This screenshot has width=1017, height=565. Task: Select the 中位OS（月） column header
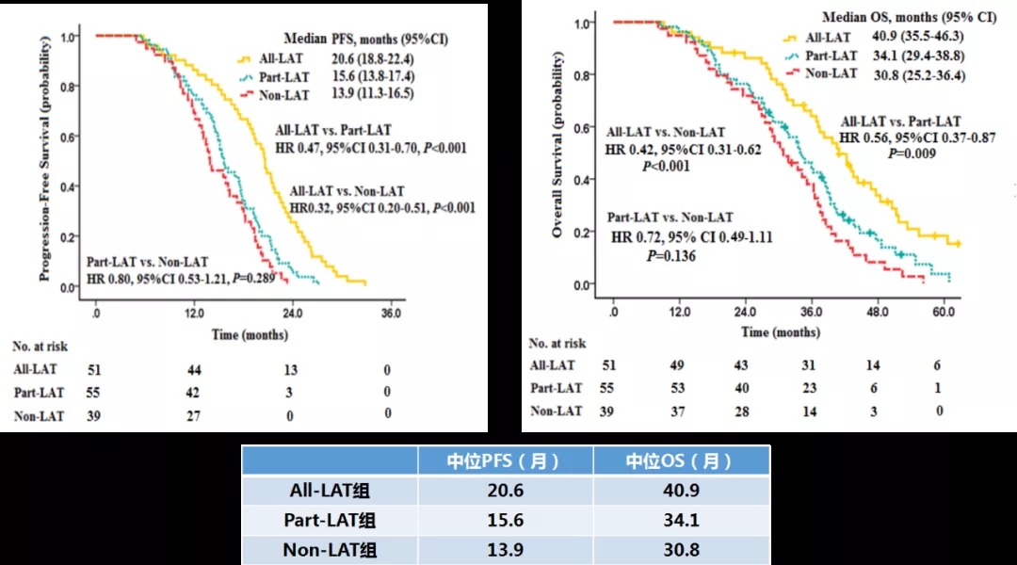click(680, 460)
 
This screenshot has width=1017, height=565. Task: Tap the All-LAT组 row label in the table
click(331, 491)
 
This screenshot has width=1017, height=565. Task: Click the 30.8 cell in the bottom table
click(680, 549)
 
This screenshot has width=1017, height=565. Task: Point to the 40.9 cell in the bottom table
click(680, 491)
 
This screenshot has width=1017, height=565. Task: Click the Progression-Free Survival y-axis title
click(44, 158)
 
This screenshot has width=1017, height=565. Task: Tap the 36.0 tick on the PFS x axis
click(390, 312)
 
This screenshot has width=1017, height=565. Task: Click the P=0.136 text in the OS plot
click(670, 255)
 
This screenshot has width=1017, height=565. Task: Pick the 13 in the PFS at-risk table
click(292, 370)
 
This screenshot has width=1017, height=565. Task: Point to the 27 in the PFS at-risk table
click(195, 416)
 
